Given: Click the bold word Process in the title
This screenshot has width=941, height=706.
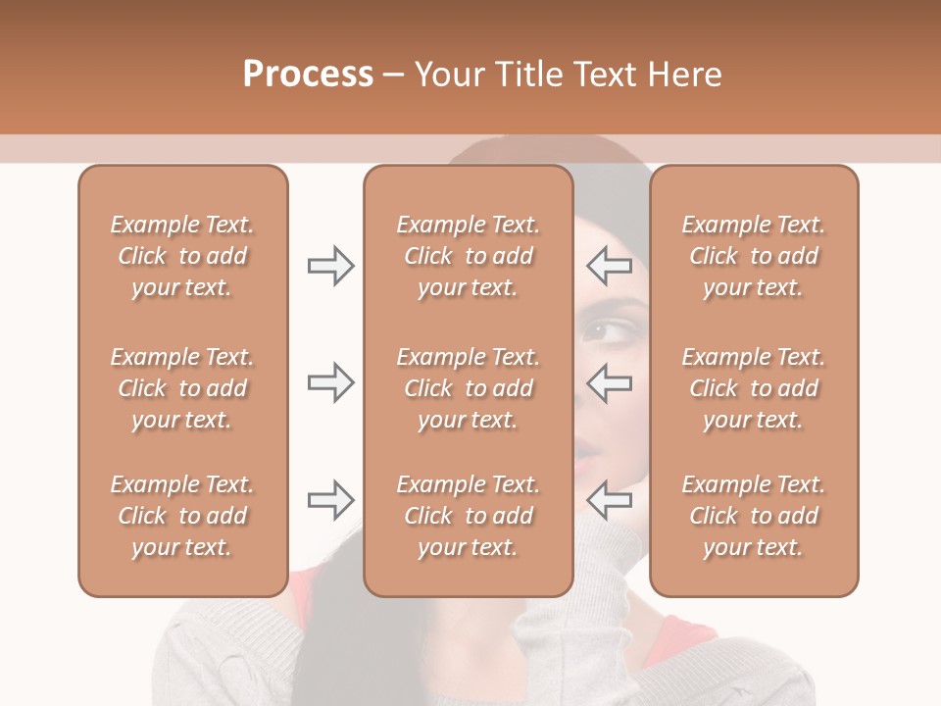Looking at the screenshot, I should pos(308,75).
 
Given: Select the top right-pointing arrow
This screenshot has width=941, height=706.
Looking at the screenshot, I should pos(330,266).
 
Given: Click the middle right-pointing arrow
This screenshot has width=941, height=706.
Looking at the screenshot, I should pos(330,381).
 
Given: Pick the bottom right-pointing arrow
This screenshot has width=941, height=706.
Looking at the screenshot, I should pos(330,500).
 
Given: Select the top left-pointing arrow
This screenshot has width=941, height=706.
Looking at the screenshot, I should pos(609,266).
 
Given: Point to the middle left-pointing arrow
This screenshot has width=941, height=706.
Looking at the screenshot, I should pos(609,381).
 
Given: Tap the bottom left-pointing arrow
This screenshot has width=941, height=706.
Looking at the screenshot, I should pos(609,500).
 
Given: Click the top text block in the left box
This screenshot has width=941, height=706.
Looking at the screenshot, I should pos(182,256).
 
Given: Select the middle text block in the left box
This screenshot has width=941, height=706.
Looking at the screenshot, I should pos(182,388).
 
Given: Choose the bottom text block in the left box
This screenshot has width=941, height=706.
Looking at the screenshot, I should pos(182,516).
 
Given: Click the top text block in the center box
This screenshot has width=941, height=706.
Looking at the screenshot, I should pos(468,256).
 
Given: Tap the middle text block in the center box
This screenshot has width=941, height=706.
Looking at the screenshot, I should pos(468,388).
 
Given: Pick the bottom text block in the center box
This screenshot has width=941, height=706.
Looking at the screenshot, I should pos(468,516).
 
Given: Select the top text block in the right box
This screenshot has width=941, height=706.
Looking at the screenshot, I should pos(753,256).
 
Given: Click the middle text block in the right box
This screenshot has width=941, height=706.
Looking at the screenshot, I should pos(753,388).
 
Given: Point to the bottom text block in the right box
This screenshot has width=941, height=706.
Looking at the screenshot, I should pos(753,516).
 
